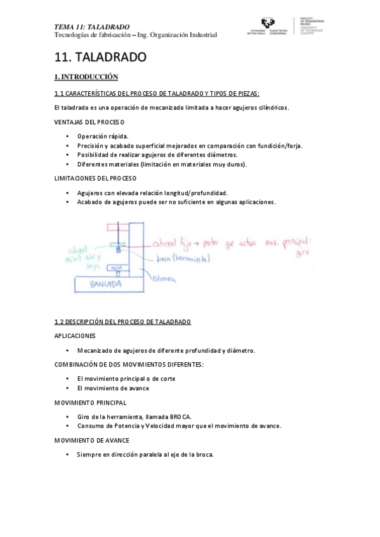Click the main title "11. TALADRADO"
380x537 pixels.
click(100, 58)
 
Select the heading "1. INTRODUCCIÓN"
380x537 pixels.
click(86, 77)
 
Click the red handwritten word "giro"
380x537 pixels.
click(303, 253)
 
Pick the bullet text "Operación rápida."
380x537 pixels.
click(103, 136)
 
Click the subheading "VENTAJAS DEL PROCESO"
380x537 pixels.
click(89, 122)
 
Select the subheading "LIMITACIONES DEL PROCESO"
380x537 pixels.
click(95, 178)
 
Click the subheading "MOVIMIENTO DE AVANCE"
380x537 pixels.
click(92, 440)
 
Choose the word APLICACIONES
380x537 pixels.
click(75, 336)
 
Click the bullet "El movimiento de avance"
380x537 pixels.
click(113, 388)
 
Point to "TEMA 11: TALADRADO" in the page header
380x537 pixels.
click(92, 27)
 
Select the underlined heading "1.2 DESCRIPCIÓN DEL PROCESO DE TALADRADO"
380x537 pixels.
click(122, 322)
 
